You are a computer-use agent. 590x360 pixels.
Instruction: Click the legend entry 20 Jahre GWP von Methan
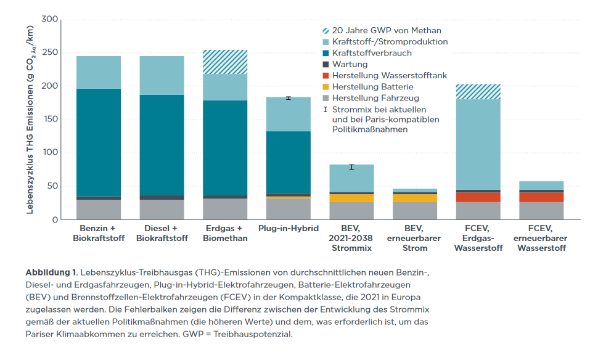point(386,30)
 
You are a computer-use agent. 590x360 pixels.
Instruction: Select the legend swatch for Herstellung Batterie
point(326,87)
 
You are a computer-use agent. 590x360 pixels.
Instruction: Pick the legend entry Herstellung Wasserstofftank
point(390,75)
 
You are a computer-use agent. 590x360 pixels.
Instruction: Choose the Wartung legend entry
point(350,64)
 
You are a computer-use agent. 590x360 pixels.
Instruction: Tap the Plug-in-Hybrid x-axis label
point(289,229)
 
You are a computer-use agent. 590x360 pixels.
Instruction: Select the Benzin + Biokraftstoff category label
point(99,234)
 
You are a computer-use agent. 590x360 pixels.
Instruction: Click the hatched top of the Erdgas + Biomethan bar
point(225,62)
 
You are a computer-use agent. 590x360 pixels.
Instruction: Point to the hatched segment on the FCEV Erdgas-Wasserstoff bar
point(478,92)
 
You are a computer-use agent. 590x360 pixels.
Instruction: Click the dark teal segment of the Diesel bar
point(162,145)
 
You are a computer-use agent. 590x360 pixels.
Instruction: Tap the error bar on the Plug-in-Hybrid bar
point(289,98)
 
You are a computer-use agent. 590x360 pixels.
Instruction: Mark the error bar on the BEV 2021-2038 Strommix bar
point(351,167)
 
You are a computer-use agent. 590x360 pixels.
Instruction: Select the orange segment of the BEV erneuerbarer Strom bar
point(415,198)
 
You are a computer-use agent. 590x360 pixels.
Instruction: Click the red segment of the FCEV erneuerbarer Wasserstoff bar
point(541,197)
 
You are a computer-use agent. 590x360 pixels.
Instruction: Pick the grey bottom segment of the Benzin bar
point(99,210)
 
